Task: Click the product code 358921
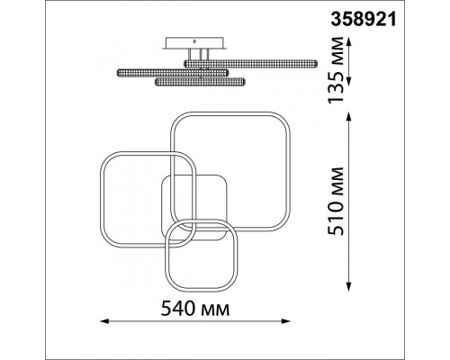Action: pos(364,20)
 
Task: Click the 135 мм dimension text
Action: pos(336,70)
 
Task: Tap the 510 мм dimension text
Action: pos(336,202)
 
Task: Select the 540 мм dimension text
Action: pos(195,309)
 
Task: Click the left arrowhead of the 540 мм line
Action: pos(103,321)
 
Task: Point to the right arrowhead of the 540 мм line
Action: pos(286,321)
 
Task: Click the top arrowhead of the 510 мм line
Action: pos(348,116)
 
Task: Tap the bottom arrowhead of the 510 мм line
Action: pos(348,287)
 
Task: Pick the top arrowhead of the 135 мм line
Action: pos(348,41)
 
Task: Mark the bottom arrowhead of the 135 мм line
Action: pos(348,81)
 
